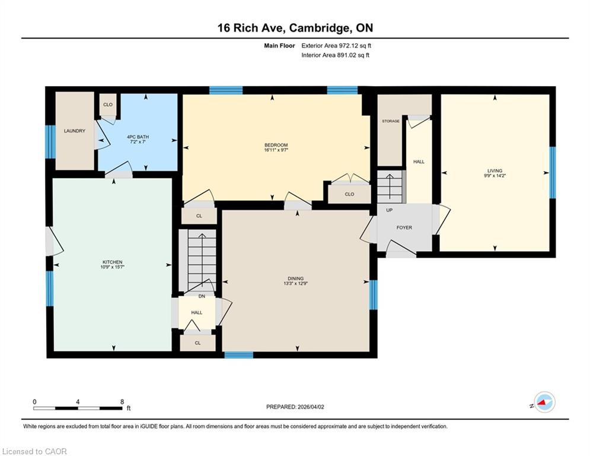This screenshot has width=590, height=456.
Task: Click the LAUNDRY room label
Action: [x=75, y=131]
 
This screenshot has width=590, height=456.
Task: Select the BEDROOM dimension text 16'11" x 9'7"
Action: [x=276, y=150]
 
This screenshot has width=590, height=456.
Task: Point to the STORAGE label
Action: [x=391, y=121]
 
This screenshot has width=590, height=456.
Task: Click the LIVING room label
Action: [x=495, y=171]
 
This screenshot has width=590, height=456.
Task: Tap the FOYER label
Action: [x=404, y=227]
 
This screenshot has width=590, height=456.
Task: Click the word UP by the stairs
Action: [x=390, y=210]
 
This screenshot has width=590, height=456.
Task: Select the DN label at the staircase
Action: [x=202, y=296]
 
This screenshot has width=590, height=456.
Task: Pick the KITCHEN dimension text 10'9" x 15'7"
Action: [x=113, y=267]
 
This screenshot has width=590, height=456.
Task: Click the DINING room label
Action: [x=296, y=278]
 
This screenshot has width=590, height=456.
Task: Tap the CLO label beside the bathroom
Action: [x=108, y=104]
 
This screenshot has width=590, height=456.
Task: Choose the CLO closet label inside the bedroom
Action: [x=350, y=194]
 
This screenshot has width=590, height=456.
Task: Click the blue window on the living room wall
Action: [x=553, y=173]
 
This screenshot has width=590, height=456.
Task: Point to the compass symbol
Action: [x=544, y=402]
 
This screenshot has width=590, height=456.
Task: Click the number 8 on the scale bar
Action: [x=122, y=402]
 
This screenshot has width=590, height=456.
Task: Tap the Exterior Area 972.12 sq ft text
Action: [x=336, y=46]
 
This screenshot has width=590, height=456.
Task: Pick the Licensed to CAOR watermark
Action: [x=34, y=451]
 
